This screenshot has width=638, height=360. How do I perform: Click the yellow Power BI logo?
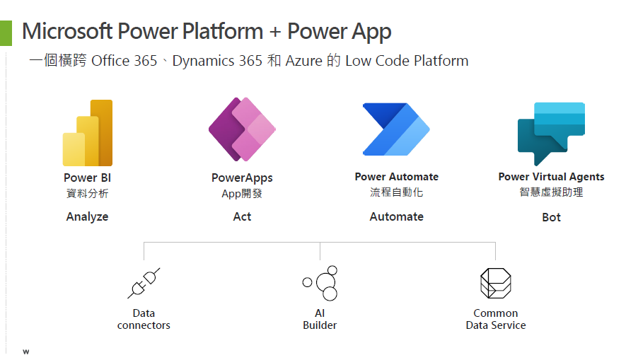click(x=88, y=133)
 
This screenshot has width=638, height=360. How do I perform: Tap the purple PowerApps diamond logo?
click(x=242, y=129)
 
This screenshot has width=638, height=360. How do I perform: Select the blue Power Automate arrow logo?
click(x=396, y=129)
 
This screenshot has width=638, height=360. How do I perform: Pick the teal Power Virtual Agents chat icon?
click(x=551, y=134)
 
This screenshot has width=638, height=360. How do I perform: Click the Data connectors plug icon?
click(x=144, y=283)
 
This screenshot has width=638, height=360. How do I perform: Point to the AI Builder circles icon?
click(x=320, y=283)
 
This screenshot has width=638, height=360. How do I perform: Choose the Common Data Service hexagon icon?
click(x=496, y=283)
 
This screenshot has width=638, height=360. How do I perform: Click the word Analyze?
click(x=87, y=217)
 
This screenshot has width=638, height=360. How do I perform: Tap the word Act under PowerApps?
click(x=242, y=216)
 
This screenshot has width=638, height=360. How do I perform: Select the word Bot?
click(x=551, y=217)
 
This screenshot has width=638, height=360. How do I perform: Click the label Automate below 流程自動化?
click(x=396, y=216)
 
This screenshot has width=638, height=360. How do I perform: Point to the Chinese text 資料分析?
click(x=88, y=193)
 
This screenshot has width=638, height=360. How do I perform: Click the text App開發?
click(x=242, y=194)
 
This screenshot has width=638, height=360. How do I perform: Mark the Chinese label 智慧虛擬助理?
click(x=551, y=192)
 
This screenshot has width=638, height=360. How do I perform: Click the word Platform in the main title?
click(x=223, y=31)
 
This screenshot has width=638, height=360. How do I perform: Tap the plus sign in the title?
click(x=275, y=32)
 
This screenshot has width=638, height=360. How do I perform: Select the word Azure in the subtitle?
click(x=304, y=61)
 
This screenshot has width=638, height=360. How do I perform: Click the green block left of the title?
click(x=6, y=33)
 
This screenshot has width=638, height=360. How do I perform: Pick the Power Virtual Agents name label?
click(x=551, y=177)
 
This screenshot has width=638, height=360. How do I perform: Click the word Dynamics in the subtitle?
click(x=203, y=61)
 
